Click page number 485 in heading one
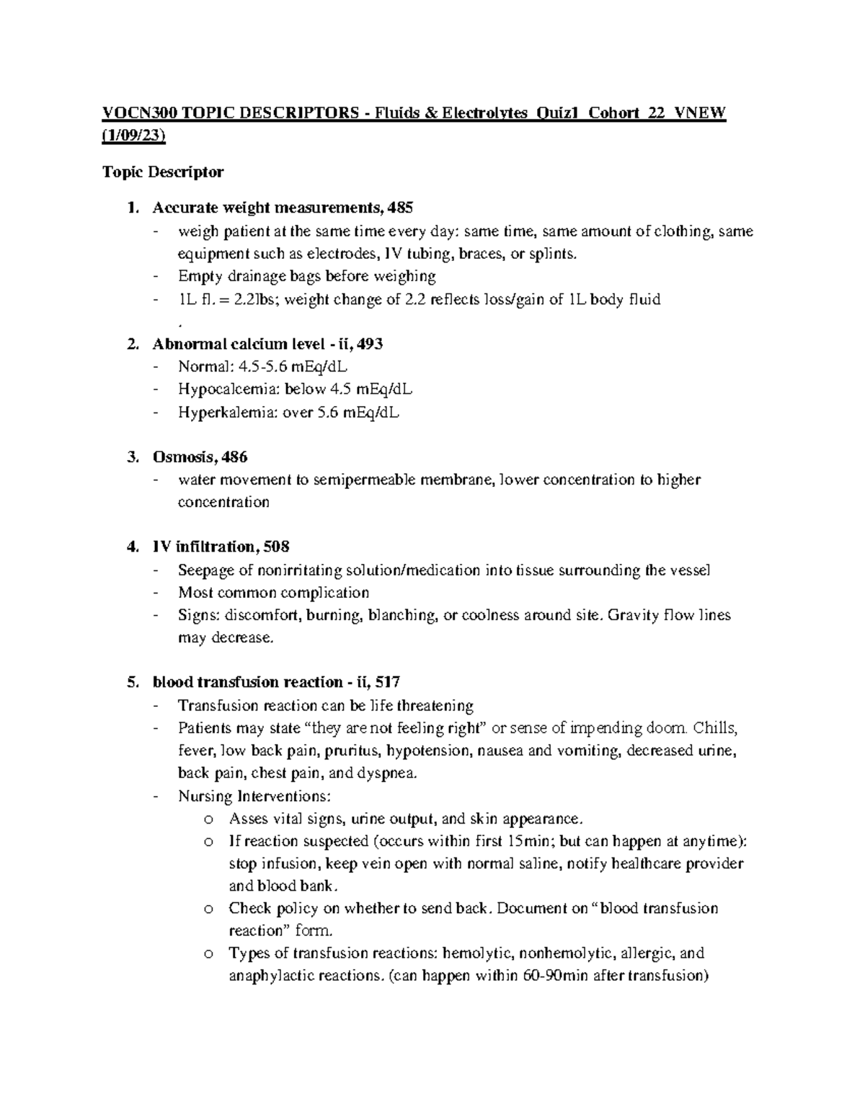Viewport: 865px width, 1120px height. [400, 208]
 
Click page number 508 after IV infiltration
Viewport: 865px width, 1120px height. [277, 547]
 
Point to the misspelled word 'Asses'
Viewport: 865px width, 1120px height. [247, 819]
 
